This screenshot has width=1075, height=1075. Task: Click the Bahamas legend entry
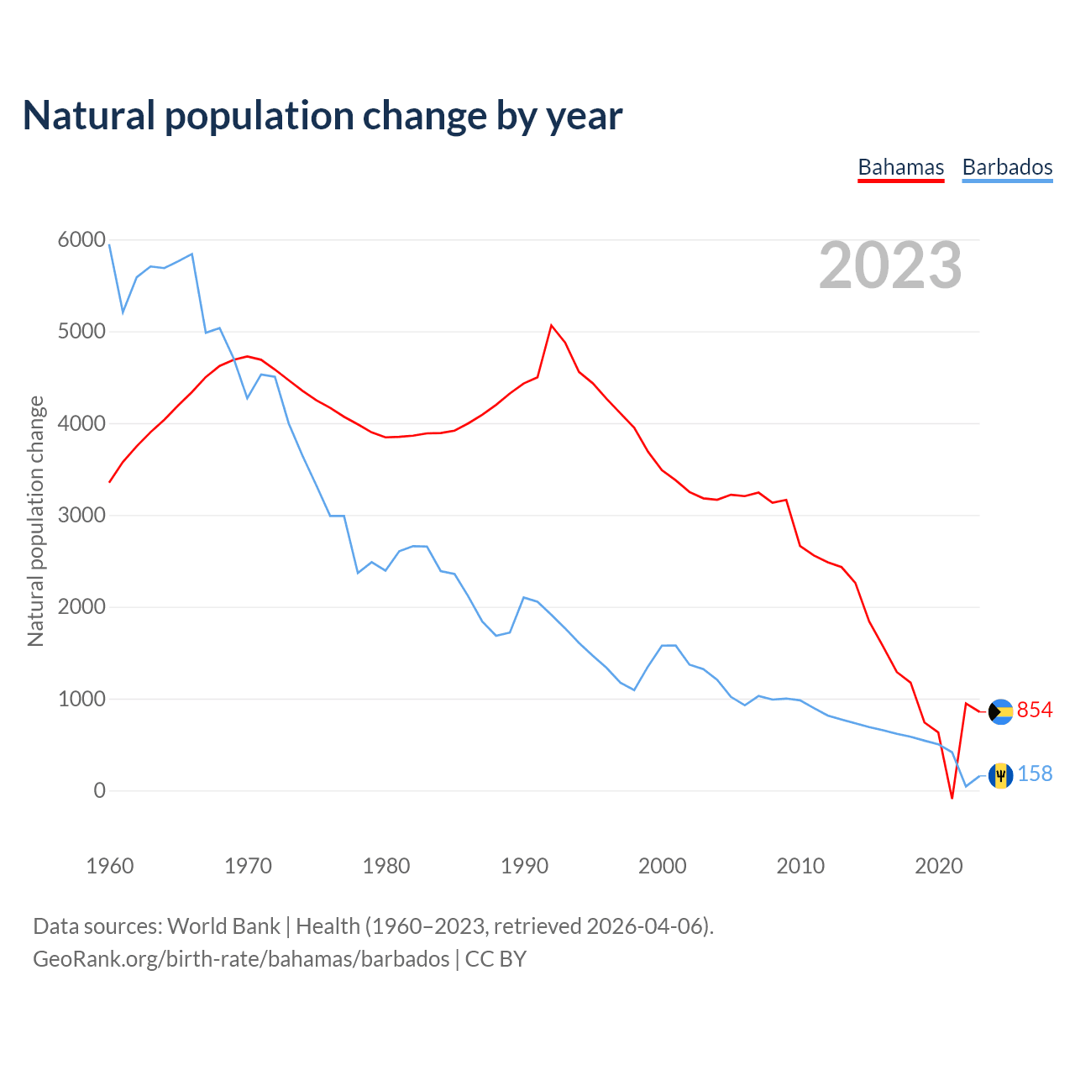[900, 167]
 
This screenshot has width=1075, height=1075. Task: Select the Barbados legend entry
[1007, 167]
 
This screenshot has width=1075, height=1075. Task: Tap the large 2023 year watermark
[890, 265]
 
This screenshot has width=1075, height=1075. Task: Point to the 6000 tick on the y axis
[81, 240]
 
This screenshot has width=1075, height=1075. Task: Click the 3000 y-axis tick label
[81, 515]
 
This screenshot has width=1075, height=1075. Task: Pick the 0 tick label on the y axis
[100, 790]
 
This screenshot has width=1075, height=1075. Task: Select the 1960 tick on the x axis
[110, 865]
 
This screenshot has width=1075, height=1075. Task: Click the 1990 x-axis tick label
[524, 865]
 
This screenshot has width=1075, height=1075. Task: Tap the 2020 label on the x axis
[938, 865]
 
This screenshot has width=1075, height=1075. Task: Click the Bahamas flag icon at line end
[1000, 711]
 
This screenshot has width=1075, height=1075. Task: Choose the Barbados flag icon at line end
[1000, 775]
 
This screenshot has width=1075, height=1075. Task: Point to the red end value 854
[1035, 711]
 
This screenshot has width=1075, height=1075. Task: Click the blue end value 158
[1035, 774]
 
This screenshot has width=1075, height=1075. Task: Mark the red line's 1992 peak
[552, 325]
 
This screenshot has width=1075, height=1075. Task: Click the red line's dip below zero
[952, 797]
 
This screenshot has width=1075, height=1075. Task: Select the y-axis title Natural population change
[35, 521]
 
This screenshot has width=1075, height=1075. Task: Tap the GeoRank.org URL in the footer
[241, 959]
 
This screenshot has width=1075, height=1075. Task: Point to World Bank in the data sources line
[223, 926]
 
